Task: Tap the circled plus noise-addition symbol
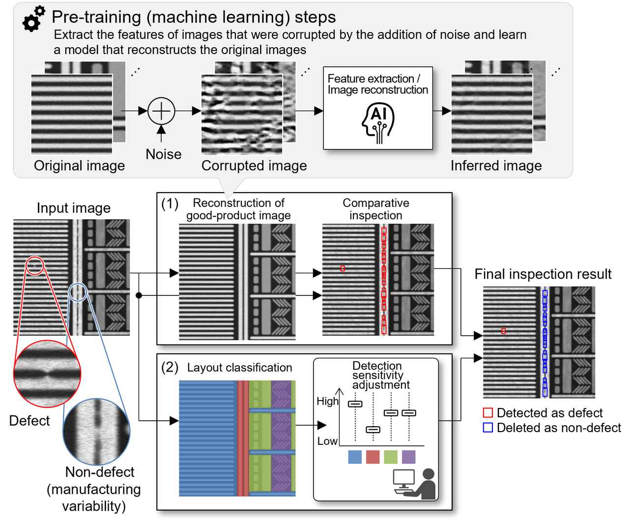(161, 111)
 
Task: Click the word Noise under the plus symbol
(164, 154)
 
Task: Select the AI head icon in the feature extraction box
(377, 124)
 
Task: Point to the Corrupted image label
(254, 166)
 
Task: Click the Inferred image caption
(496, 166)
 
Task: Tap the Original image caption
(79, 166)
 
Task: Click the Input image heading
(74, 208)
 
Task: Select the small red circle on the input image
(35, 266)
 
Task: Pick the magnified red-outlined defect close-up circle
(47, 374)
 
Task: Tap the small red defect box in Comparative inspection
(343, 268)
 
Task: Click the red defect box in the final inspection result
(503, 331)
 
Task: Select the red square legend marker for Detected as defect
(488, 413)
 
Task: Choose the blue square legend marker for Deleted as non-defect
(488, 428)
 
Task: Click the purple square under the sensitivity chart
(408, 457)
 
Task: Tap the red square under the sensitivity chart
(373, 457)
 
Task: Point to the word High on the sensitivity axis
(327, 401)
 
